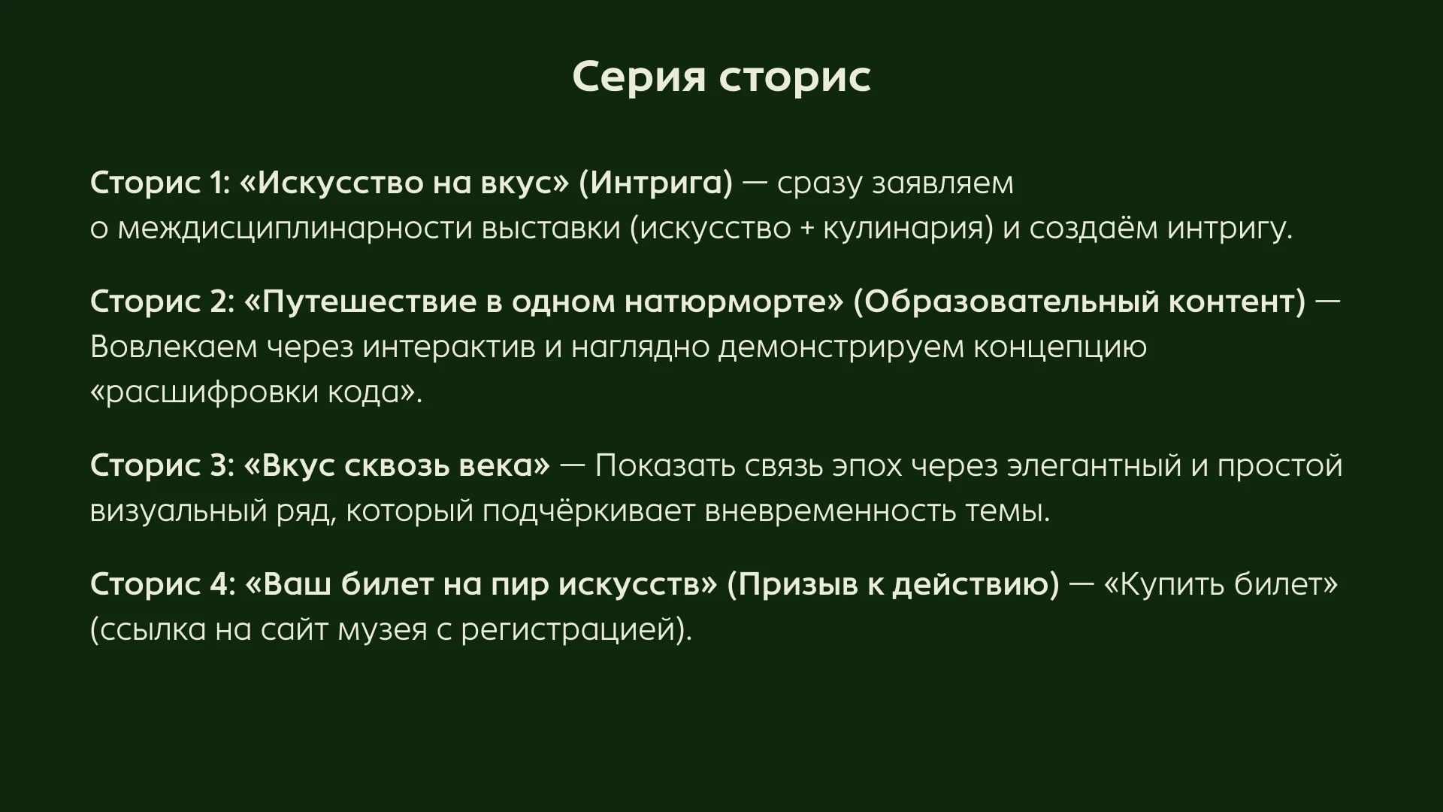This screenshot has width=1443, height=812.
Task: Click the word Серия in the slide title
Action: pos(640,76)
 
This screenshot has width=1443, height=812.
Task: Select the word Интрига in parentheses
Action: pos(655,183)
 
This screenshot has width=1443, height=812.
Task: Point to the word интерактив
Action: pos(449,347)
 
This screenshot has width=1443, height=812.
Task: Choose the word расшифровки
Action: pos(204,392)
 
